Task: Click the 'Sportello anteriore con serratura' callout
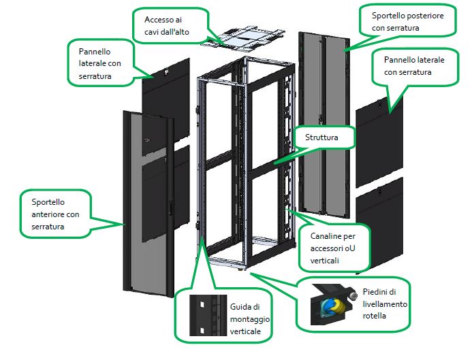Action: point(58,214)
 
